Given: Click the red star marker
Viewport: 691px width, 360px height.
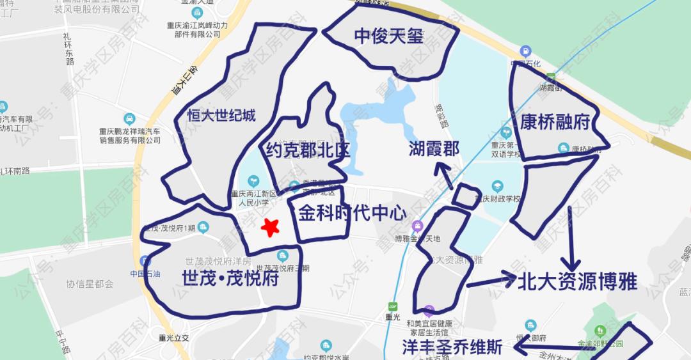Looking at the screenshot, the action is pyautogui.click(x=271, y=227).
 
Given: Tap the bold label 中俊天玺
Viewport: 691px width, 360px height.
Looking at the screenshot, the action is pyautogui.click(x=389, y=36).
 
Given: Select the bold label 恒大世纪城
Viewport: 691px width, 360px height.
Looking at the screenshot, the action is pyautogui.click(x=221, y=116).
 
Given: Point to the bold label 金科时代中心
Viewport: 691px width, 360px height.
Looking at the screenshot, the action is pyautogui.click(x=353, y=213).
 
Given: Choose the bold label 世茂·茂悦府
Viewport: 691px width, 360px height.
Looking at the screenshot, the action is pyautogui.click(x=230, y=279).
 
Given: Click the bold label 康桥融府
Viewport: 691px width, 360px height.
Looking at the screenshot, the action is pyautogui.click(x=554, y=121).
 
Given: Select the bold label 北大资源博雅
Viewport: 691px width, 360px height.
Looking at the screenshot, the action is pyautogui.click(x=578, y=282).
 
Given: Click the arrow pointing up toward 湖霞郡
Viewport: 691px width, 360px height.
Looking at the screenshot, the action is pyautogui.click(x=445, y=176).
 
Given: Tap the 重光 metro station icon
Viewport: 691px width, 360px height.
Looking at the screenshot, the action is pyautogui.click(x=392, y=306).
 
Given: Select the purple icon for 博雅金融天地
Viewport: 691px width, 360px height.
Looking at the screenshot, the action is pyautogui.click(x=418, y=226).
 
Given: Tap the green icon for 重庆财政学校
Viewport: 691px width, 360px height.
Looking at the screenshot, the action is pyautogui.click(x=496, y=187).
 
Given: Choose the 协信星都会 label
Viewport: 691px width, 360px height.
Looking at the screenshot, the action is pyautogui.click(x=89, y=284).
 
